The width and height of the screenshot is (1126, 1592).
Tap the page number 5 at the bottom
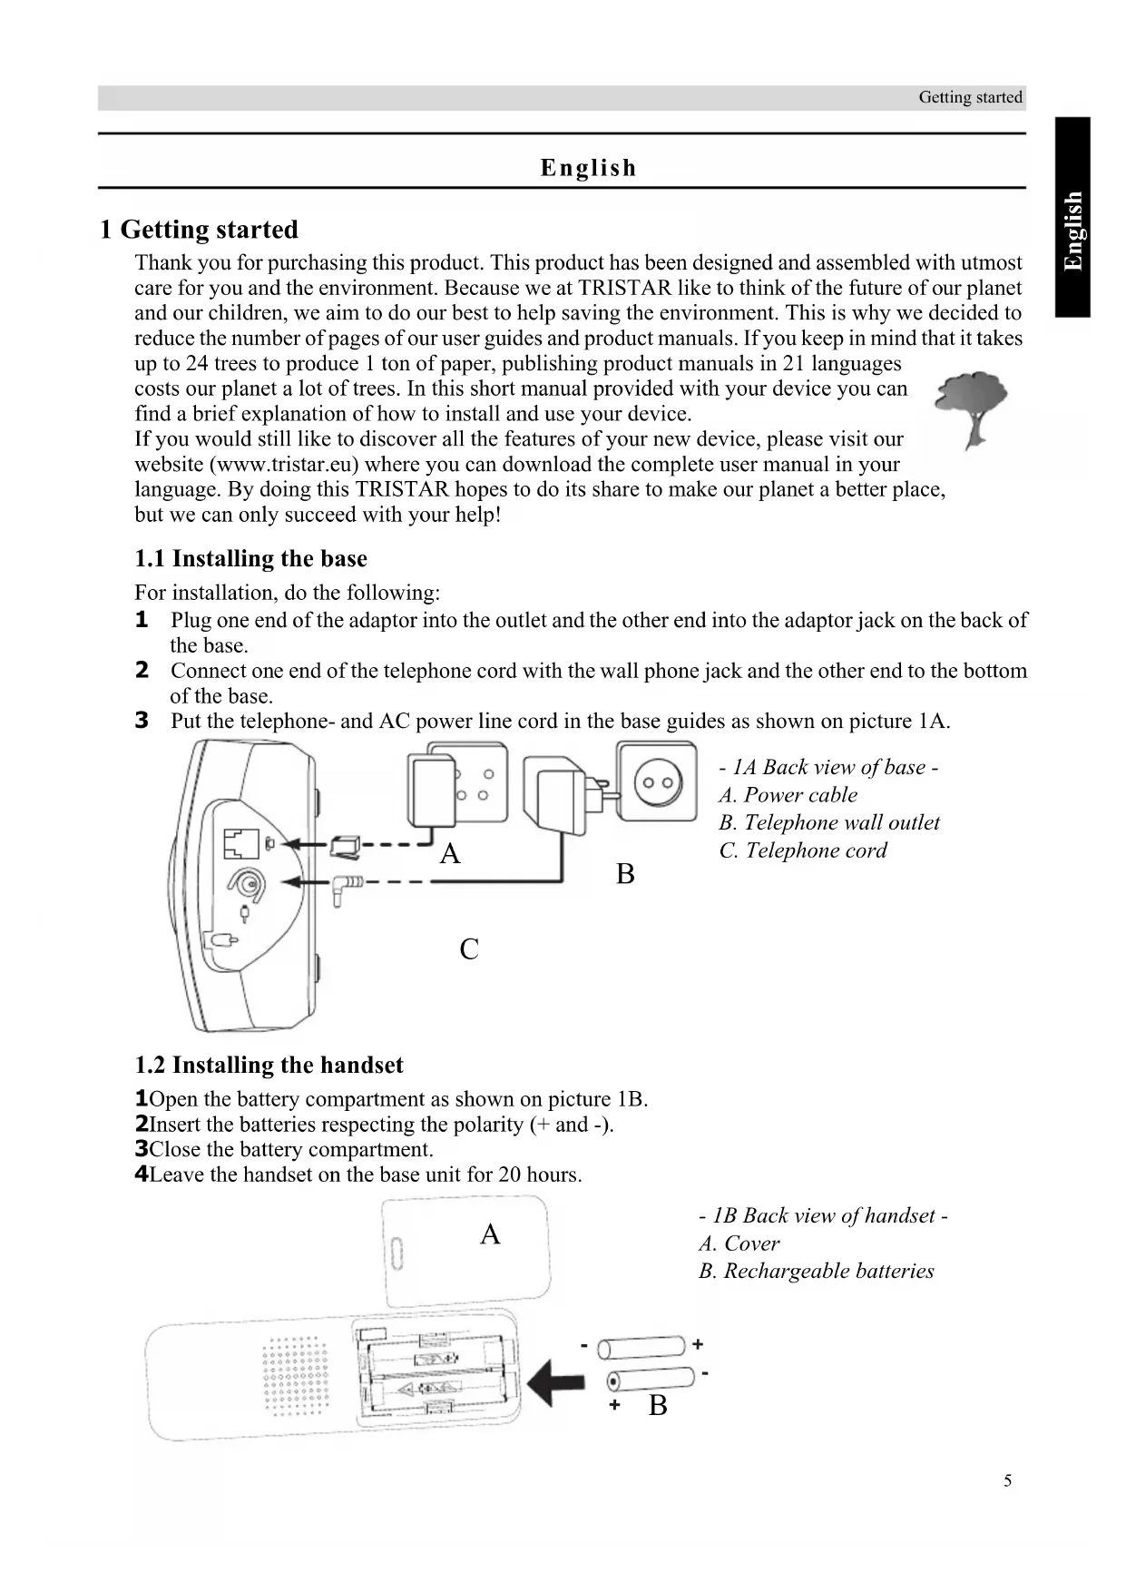click(1007, 1480)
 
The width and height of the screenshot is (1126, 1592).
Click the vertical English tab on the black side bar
click(1072, 231)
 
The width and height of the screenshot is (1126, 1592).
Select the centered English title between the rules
click(588, 168)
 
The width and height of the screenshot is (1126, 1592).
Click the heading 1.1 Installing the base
click(251, 558)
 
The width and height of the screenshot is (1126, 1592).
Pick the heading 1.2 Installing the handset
click(269, 1065)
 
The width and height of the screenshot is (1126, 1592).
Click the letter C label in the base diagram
click(469, 949)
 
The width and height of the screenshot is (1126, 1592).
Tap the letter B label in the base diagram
click(625, 874)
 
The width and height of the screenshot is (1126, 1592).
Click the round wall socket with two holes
click(658, 782)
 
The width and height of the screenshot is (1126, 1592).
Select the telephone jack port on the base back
click(240, 843)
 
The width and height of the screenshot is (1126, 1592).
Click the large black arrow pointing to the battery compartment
click(555, 1385)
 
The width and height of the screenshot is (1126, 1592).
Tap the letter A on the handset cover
click(490, 1234)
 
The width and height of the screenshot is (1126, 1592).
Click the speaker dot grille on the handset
click(296, 1376)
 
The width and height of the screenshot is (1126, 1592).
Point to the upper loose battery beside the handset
click(641, 1348)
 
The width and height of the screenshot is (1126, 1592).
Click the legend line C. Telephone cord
click(803, 850)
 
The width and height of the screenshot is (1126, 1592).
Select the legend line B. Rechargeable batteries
click(816, 1271)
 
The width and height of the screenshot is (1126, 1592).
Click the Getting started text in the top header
click(970, 97)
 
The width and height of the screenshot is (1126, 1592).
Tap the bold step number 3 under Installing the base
click(142, 721)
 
